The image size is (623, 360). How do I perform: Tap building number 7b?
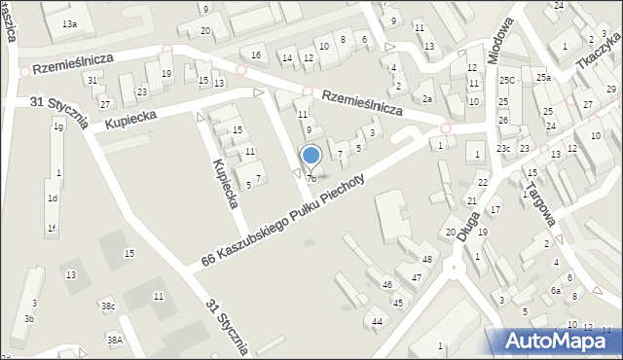(x=311, y=179)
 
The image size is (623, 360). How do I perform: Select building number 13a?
(x=69, y=23)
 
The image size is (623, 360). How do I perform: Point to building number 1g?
(x=58, y=126)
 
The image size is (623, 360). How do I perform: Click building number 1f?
(x=52, y=229)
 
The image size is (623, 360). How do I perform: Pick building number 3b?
(x=29, y=319)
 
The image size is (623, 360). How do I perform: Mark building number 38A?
(x=115, y=340)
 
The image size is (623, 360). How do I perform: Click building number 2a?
(x=426, y=98)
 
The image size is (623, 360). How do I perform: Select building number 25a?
(x=542, y=77)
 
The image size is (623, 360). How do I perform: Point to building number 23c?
(x=502, y=148)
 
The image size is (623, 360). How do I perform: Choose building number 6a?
(x=556, y=290)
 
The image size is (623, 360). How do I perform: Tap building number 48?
(x=427, y=259)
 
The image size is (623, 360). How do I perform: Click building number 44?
(x=377, y=321)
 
